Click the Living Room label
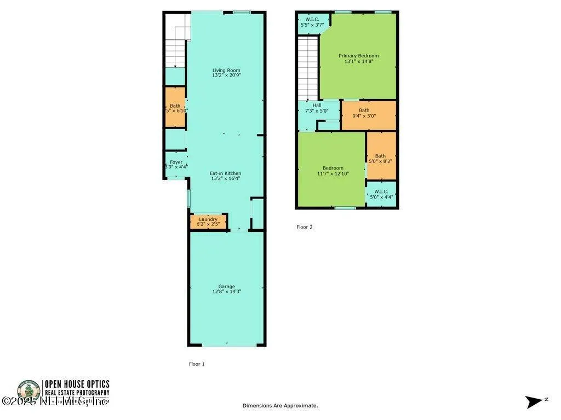[x=226, y=71]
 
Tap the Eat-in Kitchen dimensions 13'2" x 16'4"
[x=226, y=179]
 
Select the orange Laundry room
[x=208, y=221]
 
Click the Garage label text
[x=226, y=287]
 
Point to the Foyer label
[x=176, y=162]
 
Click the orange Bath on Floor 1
[x=176, y=108]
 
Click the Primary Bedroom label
[x=358, y=56]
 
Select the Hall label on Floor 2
[x=317, y=105]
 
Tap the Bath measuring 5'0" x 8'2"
[x=380, y=159]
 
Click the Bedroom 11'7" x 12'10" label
[x=333, y=171]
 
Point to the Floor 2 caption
[x=305, y=227]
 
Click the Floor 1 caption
[x=196, y=364]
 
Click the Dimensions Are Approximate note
[x=280, y=406]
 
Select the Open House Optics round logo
[x=28, y=392]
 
